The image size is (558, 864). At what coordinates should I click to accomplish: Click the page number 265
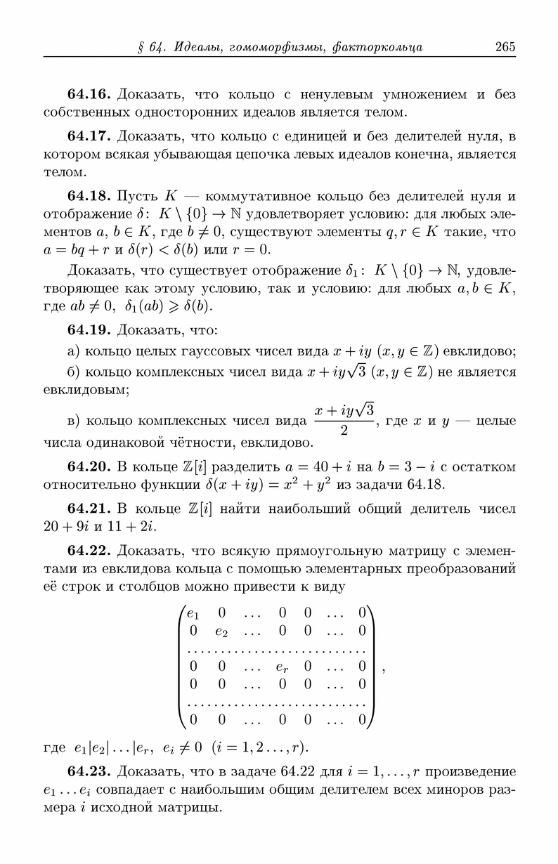[505, 47]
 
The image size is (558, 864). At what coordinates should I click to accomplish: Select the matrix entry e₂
[221, 631]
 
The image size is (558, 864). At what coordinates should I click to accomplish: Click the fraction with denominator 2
[344, 419]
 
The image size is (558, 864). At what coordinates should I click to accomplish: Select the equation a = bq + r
[72, 249]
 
